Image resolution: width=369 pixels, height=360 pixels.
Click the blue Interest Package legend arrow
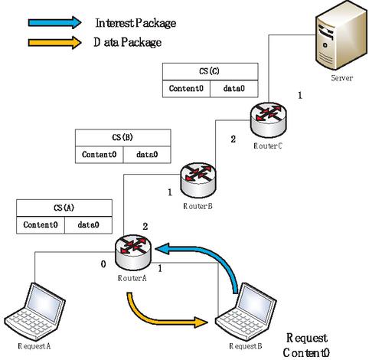click(54, 22)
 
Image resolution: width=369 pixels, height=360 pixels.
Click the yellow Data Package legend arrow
click(54, 42)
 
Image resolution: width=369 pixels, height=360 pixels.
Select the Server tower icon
click(341, 37)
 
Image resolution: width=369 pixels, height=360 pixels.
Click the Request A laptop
click(35, 312)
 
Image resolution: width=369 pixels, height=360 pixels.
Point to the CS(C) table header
click(211, 72)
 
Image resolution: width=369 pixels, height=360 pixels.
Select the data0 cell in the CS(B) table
click(147, 155)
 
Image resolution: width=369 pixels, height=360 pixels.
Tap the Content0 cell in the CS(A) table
click(41, 225)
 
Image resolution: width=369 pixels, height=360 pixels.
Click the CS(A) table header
click(64, 208)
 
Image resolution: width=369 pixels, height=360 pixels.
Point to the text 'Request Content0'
click(306, 345)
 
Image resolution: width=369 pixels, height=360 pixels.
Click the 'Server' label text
click(342, 77)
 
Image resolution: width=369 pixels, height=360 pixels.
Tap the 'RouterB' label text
click(198, 206)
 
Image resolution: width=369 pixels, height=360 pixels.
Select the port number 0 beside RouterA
click(103, 264)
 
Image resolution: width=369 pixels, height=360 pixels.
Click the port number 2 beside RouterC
click(233, 139)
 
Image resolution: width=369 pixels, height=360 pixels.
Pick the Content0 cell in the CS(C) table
click(186, 89)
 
